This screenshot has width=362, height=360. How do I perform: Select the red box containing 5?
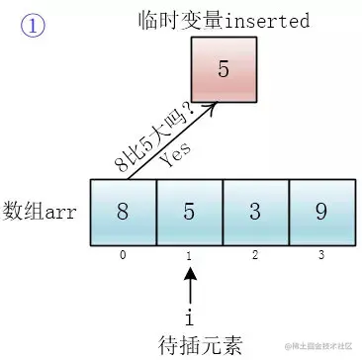coord(223,71)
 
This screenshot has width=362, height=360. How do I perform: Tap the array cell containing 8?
coord(123,210)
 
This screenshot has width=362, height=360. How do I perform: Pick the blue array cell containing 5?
coord(189,210)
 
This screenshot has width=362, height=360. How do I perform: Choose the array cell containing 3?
coord(255,210)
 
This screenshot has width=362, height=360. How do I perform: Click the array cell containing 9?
coord(321,210)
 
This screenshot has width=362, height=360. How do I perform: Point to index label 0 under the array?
coord(123,254)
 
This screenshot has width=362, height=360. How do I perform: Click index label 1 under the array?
coord(189,254)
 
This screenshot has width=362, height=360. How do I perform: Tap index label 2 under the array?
coord(255,254)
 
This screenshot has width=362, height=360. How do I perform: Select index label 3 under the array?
coord(321,254)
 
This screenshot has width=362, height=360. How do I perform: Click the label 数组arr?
coord(45,210)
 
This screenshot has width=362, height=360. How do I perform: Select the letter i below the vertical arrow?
coord(189,318)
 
